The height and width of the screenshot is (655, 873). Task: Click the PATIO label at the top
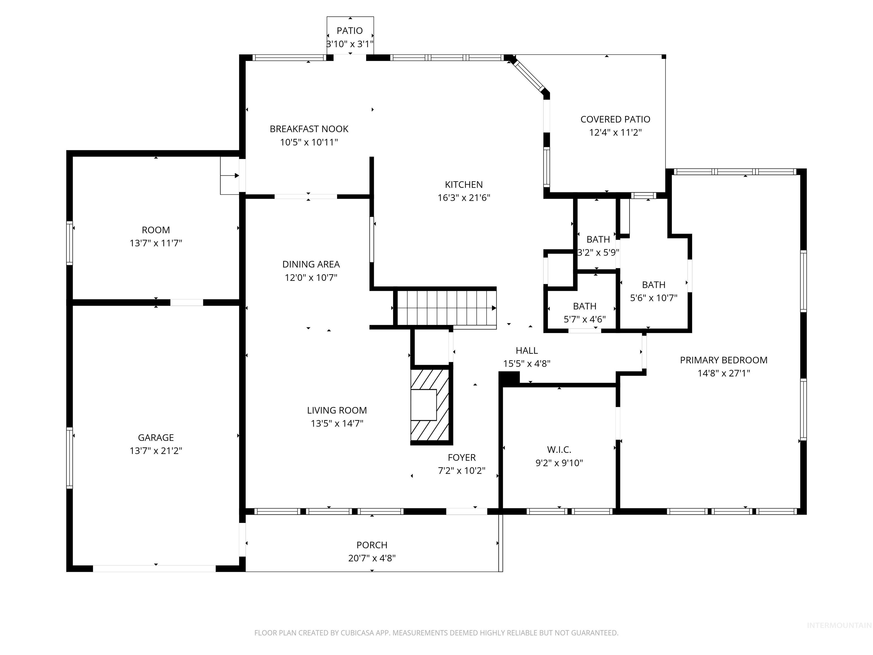pos(350,31)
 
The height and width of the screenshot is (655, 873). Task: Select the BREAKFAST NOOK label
pos(309,129)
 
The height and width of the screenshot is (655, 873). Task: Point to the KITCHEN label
pos(464,185)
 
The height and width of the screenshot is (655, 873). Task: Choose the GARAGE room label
pos(156,438)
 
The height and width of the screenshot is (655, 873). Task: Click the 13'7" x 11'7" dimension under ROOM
pos(156,243)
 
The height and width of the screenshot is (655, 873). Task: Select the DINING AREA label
pos(311,264)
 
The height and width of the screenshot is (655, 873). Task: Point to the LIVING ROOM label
pos(337,411)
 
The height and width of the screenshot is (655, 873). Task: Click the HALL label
pos(527,351)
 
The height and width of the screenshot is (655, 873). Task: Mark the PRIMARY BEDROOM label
pos(724,360)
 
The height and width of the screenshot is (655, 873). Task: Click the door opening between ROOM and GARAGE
pos(187,303)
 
